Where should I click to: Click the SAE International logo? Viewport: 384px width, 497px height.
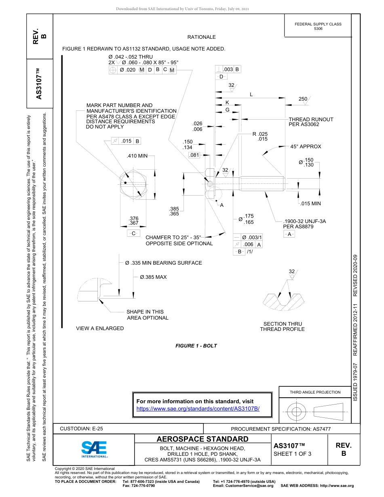click(94, 449)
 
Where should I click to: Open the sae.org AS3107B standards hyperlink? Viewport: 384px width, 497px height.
click(198, 409)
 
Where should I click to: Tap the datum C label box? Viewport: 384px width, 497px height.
click(133, 234)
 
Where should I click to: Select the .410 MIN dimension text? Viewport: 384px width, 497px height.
click(137, 156)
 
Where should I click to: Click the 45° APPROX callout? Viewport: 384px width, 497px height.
click(305, 147)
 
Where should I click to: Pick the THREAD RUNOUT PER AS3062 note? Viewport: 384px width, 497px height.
click(310, 122)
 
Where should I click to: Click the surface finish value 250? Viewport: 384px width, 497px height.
click(303, 99)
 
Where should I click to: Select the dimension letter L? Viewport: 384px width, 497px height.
click(251, 95)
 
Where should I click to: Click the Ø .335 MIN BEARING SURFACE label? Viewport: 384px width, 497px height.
click(163, 263)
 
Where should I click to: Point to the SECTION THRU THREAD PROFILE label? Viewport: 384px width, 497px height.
click(282, 326)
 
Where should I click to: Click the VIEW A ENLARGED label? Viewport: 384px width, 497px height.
click(100, 329)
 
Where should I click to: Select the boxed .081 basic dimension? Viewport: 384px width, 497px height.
click(194, 155)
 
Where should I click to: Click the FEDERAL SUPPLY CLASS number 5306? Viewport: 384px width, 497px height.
click(318, 29)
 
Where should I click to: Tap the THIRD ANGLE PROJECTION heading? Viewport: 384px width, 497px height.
click(315, 392)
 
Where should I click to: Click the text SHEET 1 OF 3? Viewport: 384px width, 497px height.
click(292, 454)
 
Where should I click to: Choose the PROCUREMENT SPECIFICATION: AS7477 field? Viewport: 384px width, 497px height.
click(281, 429)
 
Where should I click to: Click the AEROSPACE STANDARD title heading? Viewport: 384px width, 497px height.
click(203, 439)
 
